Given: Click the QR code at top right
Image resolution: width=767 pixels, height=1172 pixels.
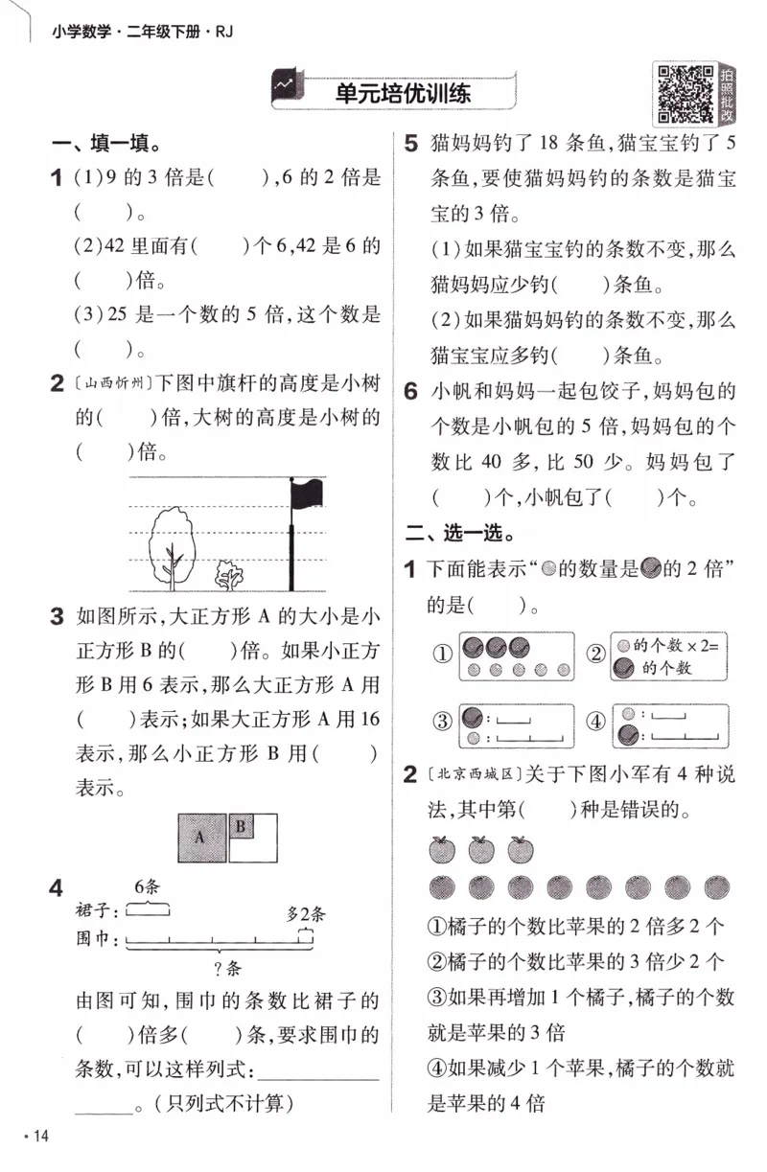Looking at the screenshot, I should pos(684,93).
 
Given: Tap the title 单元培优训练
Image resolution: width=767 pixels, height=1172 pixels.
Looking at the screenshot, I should pos(403,94).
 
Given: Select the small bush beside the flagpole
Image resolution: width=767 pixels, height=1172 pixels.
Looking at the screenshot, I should pos(229,574).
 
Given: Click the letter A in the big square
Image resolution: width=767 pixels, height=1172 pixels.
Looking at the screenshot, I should pos(199,837).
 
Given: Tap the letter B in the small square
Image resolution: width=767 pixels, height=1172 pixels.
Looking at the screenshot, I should pos(241,825).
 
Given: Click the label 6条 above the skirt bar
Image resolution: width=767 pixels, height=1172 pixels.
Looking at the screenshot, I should pos(146,886).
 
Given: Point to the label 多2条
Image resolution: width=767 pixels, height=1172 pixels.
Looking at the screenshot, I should pos(306,913).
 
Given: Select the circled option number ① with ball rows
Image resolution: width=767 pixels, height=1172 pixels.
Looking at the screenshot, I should pos(442,656).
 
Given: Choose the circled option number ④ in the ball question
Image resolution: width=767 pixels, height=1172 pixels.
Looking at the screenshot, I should pos(596,723).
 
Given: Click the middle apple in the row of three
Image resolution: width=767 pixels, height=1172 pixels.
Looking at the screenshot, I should pos(481,848).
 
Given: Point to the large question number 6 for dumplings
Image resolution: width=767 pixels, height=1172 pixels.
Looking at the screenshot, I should pos(410,391).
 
